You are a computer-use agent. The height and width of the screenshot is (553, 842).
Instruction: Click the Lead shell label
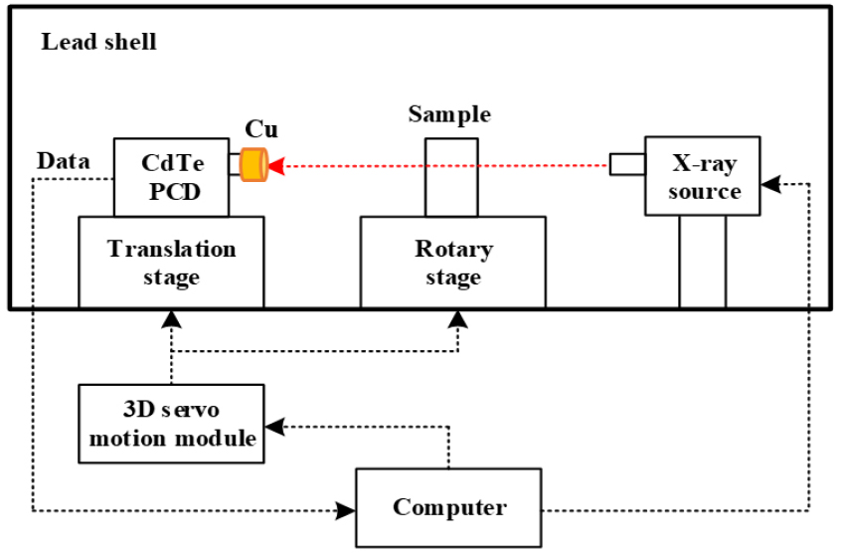[x=98, y=43]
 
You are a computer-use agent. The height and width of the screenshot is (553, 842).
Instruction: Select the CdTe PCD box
[x=171, y=177]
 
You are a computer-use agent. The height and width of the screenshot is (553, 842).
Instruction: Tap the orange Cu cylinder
[x=254, y=164]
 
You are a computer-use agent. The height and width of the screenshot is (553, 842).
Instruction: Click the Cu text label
[x=261, y=130]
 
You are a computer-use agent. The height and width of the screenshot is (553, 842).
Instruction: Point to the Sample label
[x=449, y=114]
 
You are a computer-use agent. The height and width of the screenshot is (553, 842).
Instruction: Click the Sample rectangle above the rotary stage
[x=451, y=177]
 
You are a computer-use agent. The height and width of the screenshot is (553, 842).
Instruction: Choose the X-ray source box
[x=704, y=176]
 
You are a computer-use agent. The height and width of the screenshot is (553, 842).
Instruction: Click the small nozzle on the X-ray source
[x=627, y=164]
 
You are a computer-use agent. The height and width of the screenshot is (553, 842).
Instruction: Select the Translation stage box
[x=171, y=262]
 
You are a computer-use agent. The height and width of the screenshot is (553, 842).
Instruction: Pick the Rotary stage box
[x=452, y=262]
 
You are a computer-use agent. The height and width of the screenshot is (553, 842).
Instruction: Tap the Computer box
[x=449, y=507]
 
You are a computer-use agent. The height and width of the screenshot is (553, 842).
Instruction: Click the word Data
[x=63, y=161]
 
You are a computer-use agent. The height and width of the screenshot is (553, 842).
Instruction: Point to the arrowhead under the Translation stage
[x=172, y=317]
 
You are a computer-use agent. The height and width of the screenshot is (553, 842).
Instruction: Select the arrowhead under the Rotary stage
[x=457, y=317]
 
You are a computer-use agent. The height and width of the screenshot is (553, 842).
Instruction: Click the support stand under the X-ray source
[x=703, y=262]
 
